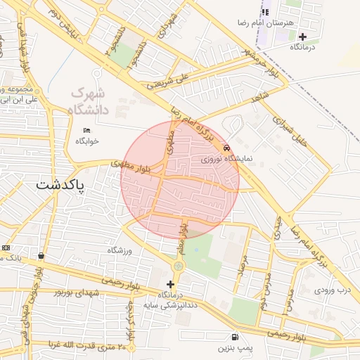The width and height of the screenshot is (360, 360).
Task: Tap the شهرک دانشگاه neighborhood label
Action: [x=88, y=101]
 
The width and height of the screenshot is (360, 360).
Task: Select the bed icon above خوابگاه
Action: [x=87, y=130]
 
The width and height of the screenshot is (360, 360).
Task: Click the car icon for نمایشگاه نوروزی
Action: [x=226, y=148]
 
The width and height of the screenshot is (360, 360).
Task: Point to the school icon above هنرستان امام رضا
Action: [x=265, y=12]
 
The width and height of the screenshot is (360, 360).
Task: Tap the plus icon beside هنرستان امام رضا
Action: [x=302, y=37]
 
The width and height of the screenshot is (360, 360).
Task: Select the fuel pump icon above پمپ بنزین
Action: [x=233, y=337]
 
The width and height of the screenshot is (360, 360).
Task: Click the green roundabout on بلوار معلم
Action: [x=179, y=266]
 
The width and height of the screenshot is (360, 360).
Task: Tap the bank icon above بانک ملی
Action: [x=41, y=256]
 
